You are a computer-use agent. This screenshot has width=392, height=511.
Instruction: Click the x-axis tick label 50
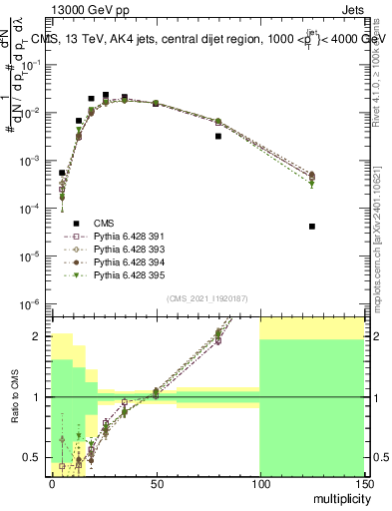click(155, 482)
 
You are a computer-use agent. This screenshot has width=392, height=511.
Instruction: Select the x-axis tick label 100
click(258, 482)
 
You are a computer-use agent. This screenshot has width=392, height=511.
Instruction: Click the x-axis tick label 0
click(52, 482)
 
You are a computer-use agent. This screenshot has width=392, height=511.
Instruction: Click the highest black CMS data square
click(106, 95)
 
